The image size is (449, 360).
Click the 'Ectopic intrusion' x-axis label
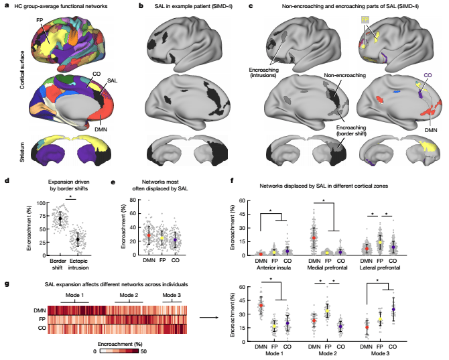click(82, 258)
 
